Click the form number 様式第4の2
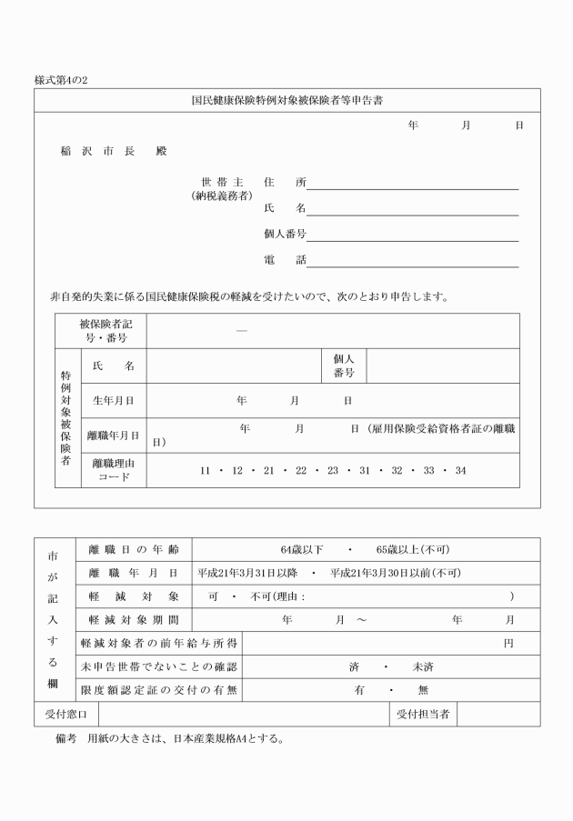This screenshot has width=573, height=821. point(61,81)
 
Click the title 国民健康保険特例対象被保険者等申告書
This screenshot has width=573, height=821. point(286,100)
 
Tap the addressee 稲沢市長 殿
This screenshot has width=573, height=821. point(113,150)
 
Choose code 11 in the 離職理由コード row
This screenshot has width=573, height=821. point(205,470)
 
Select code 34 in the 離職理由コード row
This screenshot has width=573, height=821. point(460,470)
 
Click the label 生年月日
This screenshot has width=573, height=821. point(114,400)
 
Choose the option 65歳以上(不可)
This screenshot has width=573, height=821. point(412,550)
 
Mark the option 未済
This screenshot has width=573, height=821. point(422,666)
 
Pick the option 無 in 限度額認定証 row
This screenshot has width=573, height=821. point(422,690)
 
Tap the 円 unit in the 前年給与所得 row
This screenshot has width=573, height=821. point(509,643)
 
